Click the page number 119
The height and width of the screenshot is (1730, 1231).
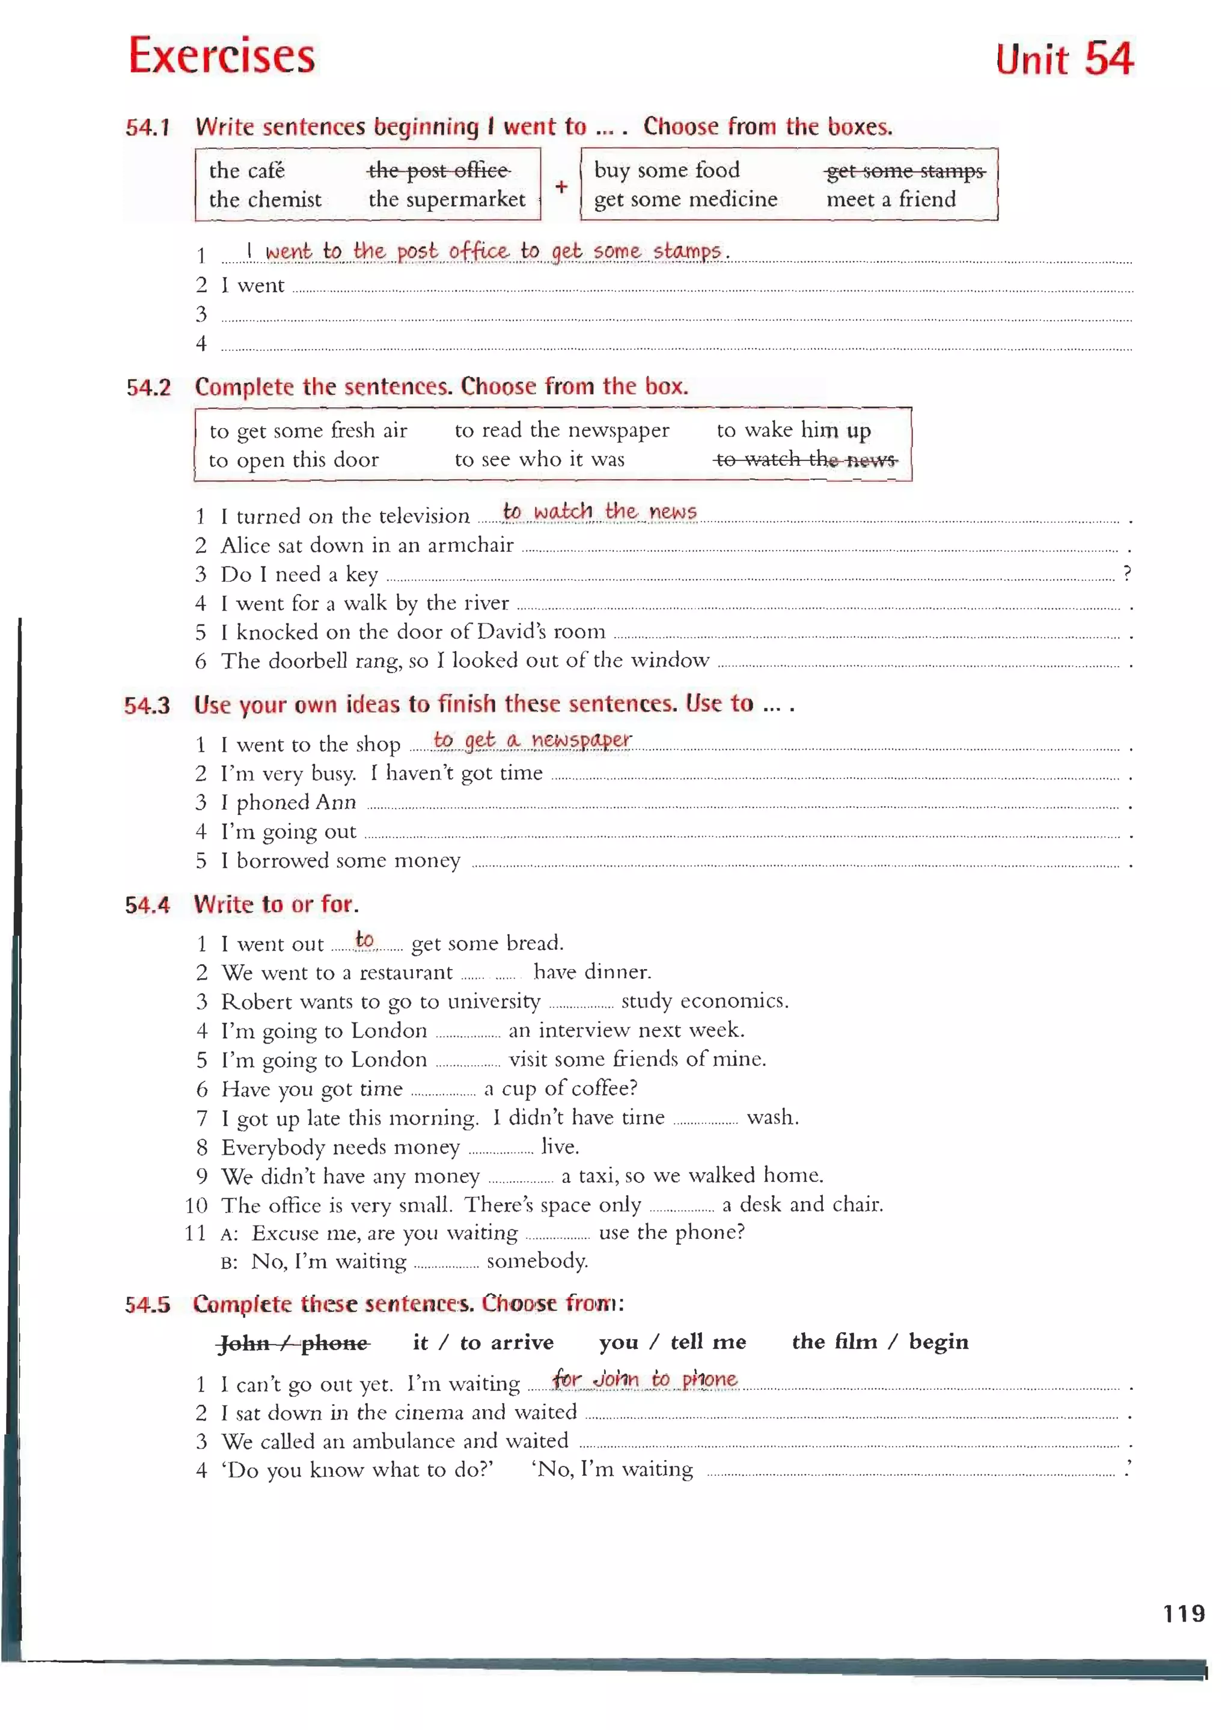tap(1184, 1613)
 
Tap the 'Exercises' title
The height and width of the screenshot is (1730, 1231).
tap(221, 55)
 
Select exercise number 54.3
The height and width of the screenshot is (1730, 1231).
tap(147, 706)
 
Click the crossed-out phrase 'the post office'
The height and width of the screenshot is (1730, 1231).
tap(438, 171)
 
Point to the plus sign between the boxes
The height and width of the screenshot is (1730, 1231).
tap(561, 186)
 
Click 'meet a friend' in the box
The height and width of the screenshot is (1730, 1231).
tap(891, 200)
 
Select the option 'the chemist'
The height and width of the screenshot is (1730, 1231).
tap(265, 200)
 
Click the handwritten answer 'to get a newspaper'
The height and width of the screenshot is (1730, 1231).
tap(532, 739)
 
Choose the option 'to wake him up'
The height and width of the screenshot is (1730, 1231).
tap(793, 430)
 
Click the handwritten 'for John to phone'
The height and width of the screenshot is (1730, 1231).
tap(644, 1378)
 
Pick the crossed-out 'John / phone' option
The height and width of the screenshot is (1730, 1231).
tap(294, 1343)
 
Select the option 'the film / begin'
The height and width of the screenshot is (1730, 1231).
tap(880, 1342)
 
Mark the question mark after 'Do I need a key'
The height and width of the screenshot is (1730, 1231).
tap(1127, 572)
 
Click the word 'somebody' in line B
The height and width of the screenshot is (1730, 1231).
tap(537, 1261)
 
